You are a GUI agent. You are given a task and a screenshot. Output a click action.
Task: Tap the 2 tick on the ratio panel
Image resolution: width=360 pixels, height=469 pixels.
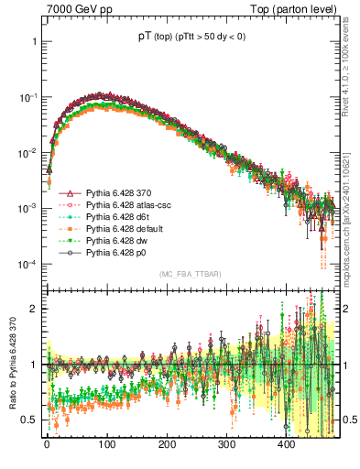(x=34, y=309)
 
